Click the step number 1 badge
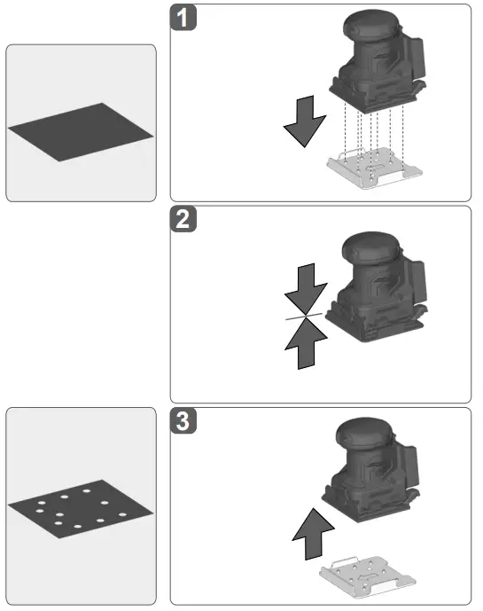[x=183, y=19]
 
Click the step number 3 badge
[x=183, y=422]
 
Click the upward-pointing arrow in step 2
[x=307, y=342]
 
